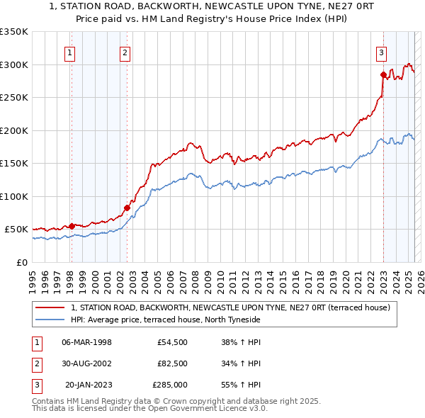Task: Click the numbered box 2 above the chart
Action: (125, 52)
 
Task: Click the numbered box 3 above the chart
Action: (381, 52)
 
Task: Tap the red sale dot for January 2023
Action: (383, 74)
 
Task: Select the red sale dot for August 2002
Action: (127, 208)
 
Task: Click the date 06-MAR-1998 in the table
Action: (87, 342)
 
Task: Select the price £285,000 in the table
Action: (170, 385)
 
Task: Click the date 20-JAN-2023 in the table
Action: (89, 385)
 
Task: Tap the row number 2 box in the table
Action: (35, 363)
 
